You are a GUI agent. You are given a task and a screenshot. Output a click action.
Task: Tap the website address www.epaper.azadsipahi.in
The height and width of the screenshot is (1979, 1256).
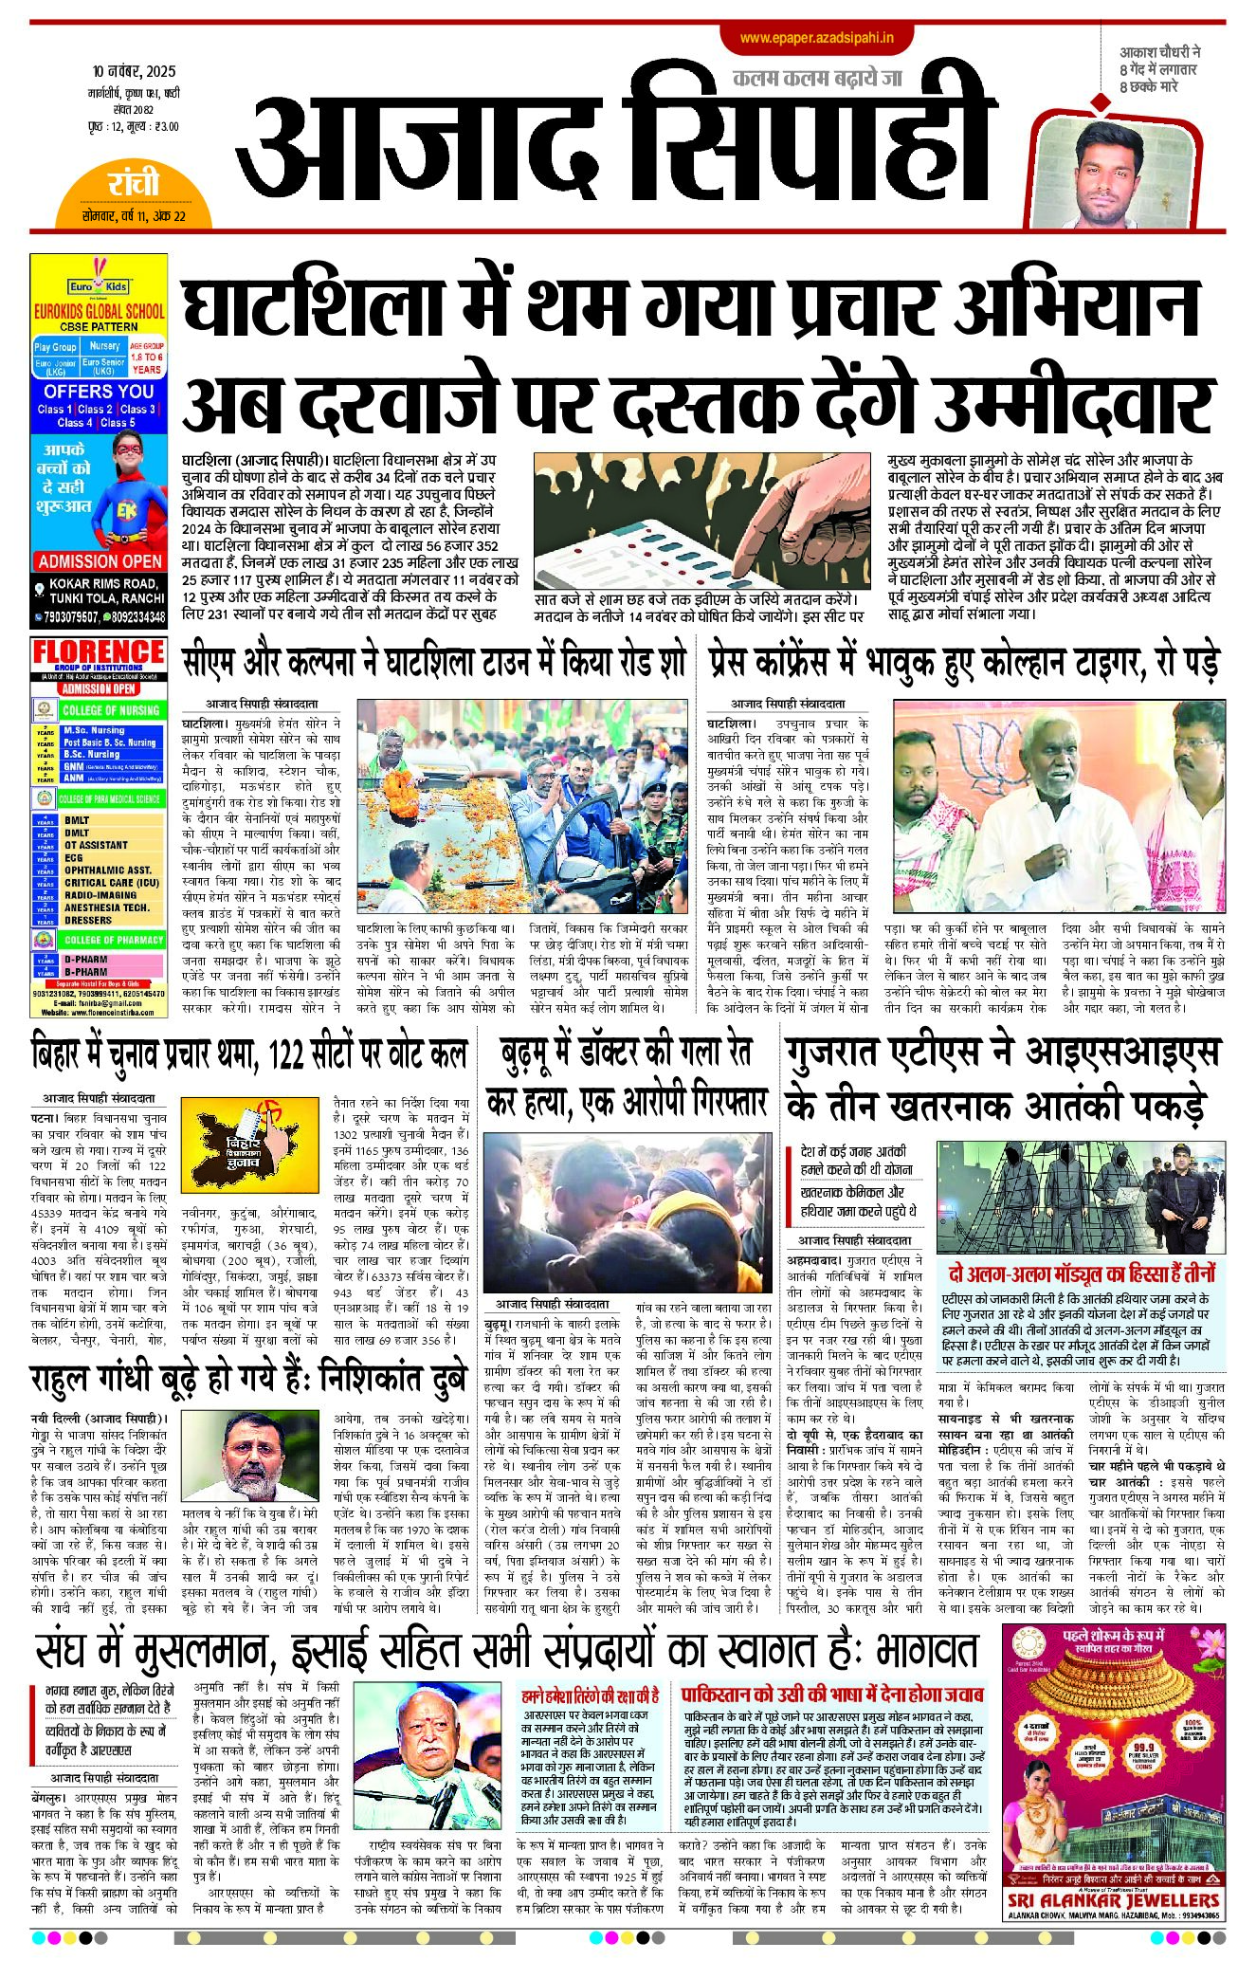[816, 38]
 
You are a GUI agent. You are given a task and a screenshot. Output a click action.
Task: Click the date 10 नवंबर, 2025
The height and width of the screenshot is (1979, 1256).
[134, 72]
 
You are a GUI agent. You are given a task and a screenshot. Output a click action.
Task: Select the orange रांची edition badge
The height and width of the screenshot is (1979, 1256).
[133, 184]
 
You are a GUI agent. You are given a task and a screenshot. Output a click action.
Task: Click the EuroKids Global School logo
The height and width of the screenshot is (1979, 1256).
[98, 284]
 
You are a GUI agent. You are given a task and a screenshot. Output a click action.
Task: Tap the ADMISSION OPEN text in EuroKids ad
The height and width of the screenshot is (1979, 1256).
[100, 561]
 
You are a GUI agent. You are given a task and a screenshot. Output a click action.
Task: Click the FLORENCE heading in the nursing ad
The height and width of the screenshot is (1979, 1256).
[99, 652]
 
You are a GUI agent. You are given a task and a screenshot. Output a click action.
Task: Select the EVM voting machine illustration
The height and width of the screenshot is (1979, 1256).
[701, 520]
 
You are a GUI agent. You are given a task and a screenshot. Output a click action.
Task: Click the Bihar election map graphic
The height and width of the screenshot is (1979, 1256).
[248, 1145]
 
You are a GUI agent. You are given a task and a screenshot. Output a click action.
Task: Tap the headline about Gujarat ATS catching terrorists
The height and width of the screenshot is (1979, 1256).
[1003, 1080]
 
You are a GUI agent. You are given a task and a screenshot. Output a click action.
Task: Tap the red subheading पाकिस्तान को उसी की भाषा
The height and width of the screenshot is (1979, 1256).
[832, 1693]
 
